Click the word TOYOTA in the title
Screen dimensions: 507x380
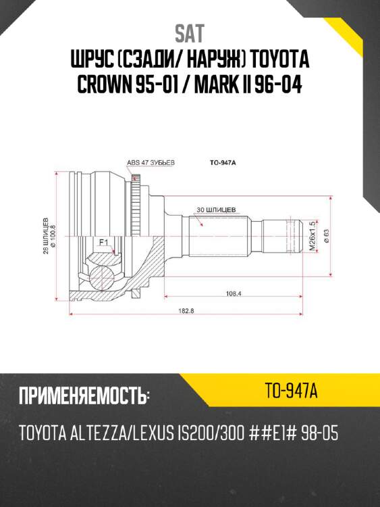coord(277,61)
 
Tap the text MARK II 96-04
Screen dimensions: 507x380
coord(249,87)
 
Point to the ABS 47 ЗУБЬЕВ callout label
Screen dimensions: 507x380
coord(151,163)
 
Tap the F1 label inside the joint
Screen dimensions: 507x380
coord(103,241)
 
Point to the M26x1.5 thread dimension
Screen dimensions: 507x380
coord(312,236)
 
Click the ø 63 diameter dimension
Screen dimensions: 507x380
coord(326,235)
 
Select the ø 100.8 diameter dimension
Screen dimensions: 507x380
coord(53,235)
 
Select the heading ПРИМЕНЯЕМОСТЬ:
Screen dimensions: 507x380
coord(84,395)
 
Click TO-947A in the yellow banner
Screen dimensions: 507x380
coord(291,390)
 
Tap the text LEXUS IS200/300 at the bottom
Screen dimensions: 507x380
coord(189,433)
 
